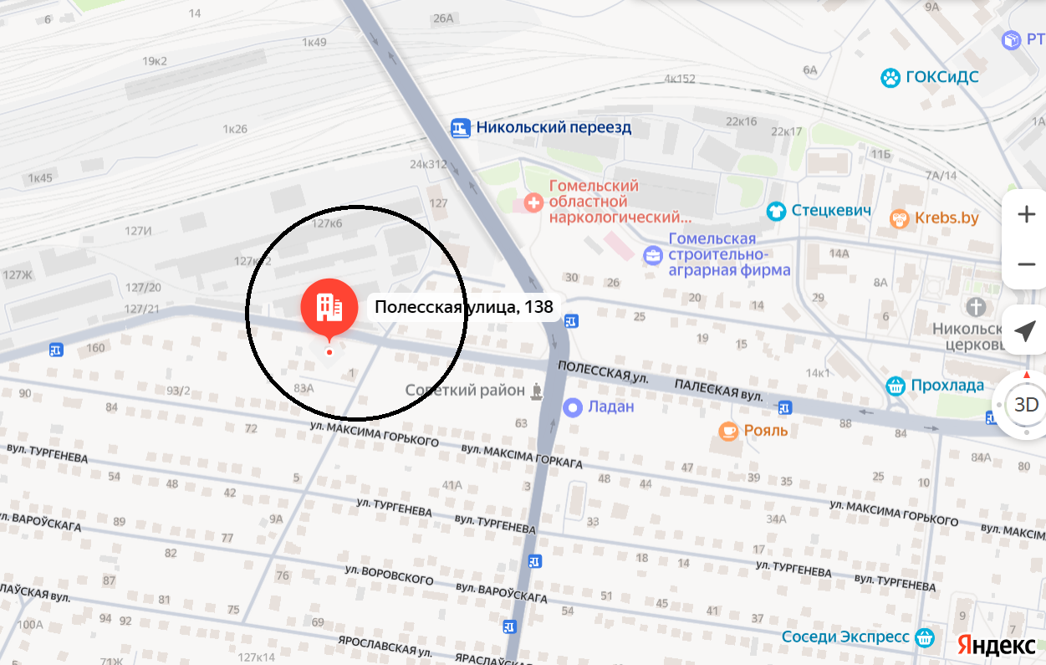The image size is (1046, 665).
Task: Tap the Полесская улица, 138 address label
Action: point(463,307)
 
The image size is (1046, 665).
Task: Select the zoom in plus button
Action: point(1026,215)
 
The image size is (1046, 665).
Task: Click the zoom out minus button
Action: point(1026,265)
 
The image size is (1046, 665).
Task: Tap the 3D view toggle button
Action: point(1026,406)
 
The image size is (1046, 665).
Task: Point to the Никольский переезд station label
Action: point(553,128)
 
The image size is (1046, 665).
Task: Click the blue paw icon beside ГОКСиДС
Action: point(890,79)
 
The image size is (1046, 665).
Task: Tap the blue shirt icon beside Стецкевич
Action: point(777,211)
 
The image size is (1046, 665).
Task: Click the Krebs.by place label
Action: point(946,218)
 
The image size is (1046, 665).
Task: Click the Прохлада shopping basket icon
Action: point(895,386)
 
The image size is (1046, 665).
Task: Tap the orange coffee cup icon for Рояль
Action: point(728,431)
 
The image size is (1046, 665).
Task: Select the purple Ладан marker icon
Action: point(573,407)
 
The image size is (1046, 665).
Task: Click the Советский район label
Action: point(466,391)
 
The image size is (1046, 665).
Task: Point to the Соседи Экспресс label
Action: point(845,637)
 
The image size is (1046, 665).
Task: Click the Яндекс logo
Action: point(997,645)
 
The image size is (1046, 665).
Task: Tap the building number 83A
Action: point(304,388)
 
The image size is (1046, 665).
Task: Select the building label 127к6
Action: point(327,224)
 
